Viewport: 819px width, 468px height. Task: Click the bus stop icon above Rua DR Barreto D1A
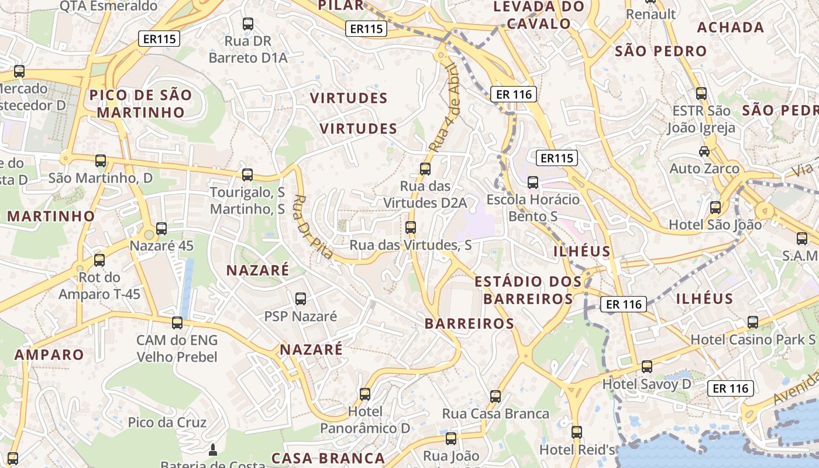[248, 24]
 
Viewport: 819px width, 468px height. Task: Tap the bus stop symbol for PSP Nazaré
[301, 299]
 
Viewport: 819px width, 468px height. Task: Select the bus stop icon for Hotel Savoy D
[647, 367]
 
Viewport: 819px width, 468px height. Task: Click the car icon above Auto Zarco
[704, 151]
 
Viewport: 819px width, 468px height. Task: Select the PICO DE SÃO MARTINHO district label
[140, 104]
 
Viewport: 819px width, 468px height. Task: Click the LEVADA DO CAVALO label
[539, 15]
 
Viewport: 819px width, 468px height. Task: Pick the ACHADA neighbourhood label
[731, 27]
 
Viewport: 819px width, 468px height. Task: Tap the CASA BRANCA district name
[328, 458]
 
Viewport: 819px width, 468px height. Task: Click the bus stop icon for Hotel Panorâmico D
[365, 394]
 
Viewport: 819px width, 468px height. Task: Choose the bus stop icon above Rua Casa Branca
[495, 397]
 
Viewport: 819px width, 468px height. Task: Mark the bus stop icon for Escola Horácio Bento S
[533, 182]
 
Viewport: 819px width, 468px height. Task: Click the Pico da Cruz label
[167, 422]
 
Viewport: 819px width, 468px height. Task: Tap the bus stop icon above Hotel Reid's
[577, 432]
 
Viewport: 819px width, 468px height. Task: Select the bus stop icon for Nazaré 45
[161, 229]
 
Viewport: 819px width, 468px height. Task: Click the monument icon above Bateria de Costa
[213, 450]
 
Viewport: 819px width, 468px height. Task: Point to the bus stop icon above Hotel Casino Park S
[753, 322]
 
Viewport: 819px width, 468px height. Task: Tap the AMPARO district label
[49, 355]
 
